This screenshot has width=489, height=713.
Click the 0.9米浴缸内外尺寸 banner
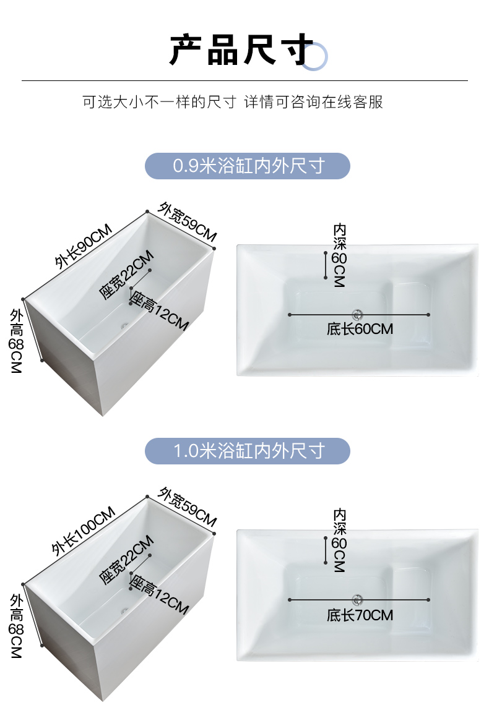(248, 166)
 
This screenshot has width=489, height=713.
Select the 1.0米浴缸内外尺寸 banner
(248, 451)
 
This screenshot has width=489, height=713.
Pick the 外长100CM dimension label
(84, 531)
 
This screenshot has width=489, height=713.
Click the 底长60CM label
(360, 329)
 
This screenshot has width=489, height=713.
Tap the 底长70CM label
(360, 615)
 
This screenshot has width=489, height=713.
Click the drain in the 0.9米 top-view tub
(357, 314)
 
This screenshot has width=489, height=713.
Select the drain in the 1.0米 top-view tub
(357, 599)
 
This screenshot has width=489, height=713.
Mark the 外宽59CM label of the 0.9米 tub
(188, 221)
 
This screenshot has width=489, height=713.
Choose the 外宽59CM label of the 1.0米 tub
(188, 506)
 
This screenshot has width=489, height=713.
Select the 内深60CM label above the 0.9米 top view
(339, 255)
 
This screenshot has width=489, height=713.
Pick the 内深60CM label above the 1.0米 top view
(339, 540)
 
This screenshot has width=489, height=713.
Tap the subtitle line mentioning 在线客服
(233, 102)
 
